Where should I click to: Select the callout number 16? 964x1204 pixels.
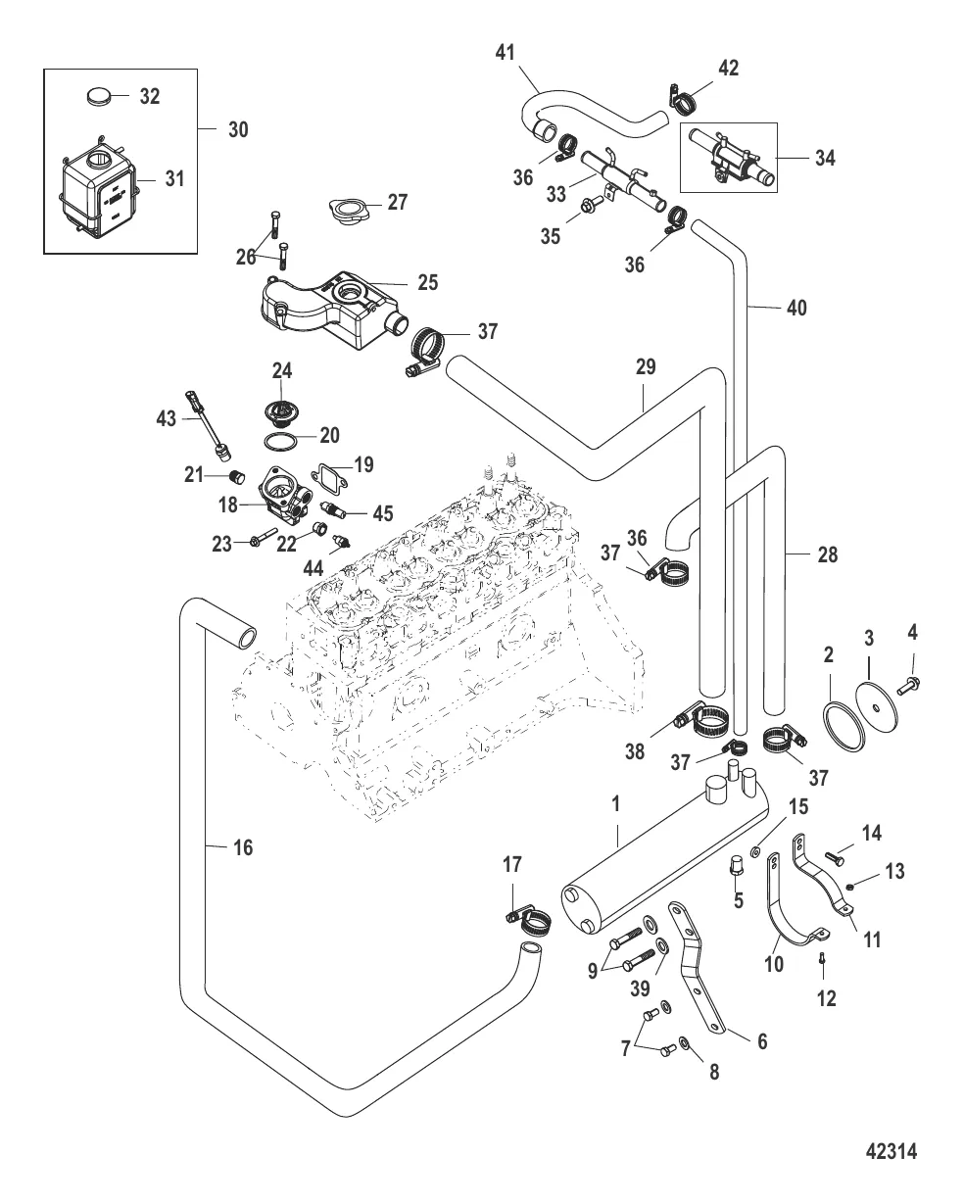pos(243,847)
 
